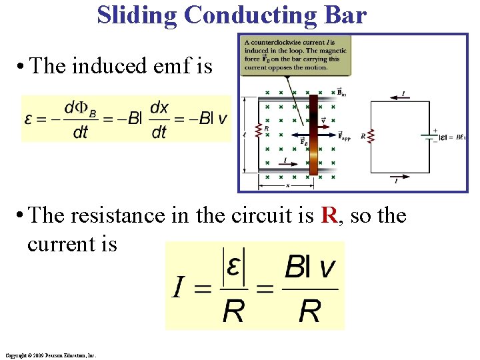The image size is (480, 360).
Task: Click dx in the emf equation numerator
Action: point(159,107)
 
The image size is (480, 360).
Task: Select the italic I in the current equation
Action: point(178,287)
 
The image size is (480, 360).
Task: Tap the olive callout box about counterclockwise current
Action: point(295,55)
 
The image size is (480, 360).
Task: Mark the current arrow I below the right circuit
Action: point(399,178)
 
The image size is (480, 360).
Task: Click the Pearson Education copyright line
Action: point(50,356)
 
